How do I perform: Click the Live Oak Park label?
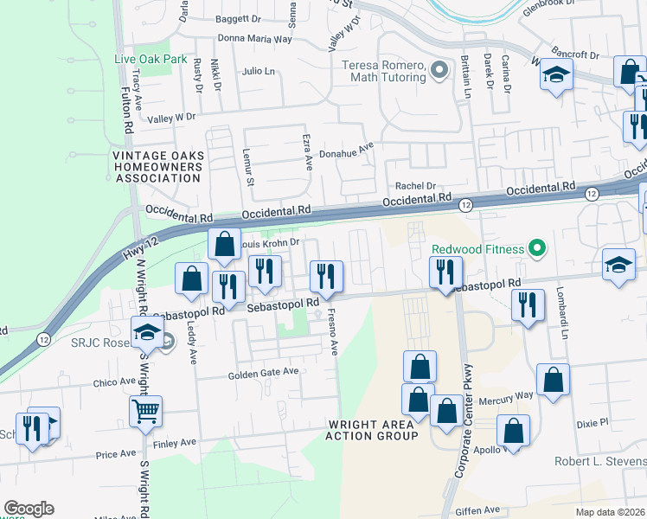coord(151,59)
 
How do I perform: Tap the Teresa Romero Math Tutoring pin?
coord(440,70)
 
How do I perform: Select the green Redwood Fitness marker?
coord(538,250)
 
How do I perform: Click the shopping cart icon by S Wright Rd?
coord(145,412)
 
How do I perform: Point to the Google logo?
coord(29,509)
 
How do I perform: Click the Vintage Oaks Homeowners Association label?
coord(158,167)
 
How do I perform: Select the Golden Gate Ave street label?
coord(263,373)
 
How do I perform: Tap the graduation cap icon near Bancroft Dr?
coord(555,75)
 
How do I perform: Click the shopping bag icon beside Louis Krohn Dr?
coord(224,245)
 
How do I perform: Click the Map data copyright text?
coord(612,512)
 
